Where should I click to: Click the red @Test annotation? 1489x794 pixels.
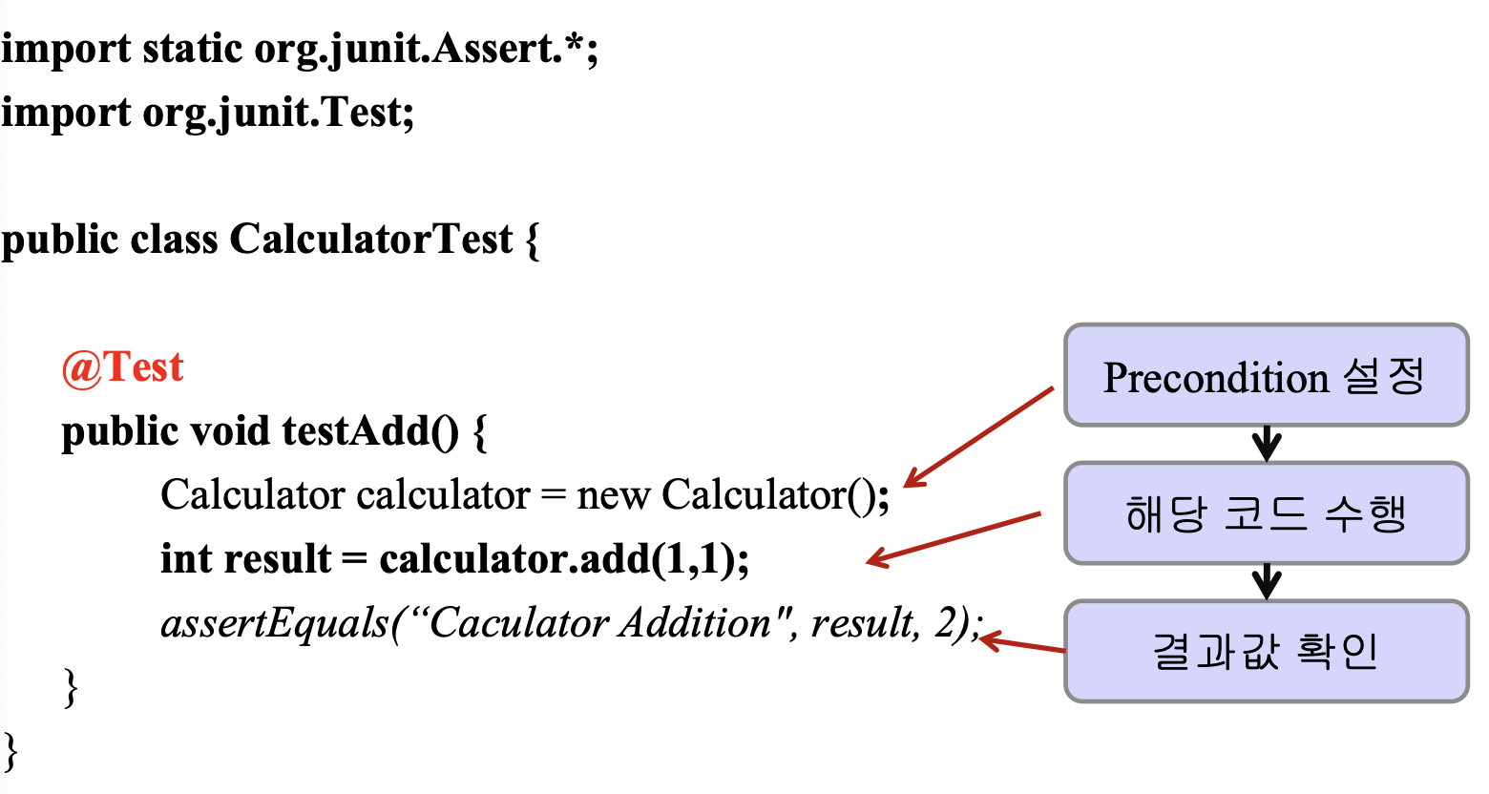point(122,367)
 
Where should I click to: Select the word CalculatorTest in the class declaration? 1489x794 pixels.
point(371,239)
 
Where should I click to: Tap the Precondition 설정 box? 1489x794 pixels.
point(1267,375)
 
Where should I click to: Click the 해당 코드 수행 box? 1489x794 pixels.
point(1267,513)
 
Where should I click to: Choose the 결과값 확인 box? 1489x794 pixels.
point(1267,651)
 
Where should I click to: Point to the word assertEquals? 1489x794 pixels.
point(274,624)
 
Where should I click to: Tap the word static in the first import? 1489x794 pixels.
point(192,49)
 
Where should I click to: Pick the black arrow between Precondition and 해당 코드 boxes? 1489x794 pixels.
point(1267,444)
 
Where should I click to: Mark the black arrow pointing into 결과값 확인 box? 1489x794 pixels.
point(1267,582)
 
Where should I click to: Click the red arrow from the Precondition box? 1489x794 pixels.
point(979,436)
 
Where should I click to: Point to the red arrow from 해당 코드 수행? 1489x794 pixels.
point(954,539)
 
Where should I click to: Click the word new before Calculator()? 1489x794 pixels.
point(613,495)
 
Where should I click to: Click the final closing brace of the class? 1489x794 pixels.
point(11,752)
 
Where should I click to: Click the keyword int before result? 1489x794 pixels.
point(185,558)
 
